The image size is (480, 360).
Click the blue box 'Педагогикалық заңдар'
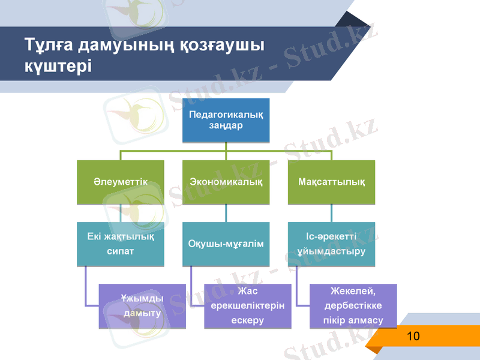[x=226, y=120]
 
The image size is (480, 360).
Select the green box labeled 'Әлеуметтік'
[x=120, y=182]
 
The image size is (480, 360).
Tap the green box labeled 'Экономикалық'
[x=226, y=182]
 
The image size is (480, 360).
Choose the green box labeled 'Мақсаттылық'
[x=332, y=182]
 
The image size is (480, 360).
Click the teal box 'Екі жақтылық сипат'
[x=120, y=244]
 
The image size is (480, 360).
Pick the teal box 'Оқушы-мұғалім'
[x=226, y=244]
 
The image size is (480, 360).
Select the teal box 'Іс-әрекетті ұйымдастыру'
[x=332, y=244]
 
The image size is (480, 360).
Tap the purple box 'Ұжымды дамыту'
[x=142, y=306]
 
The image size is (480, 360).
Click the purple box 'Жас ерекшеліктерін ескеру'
[x=247, y=306]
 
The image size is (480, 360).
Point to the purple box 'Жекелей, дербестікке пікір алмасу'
[x=353, y=306]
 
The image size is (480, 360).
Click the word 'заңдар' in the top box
[x=226, y=126]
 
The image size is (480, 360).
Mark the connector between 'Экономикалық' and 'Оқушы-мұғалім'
[x=226, y=213]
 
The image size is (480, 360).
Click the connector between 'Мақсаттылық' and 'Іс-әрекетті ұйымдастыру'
[x=332, y=213]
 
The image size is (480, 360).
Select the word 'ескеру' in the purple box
[x=247, y=320]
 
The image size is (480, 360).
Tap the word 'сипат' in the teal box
[x=120, y=251]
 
